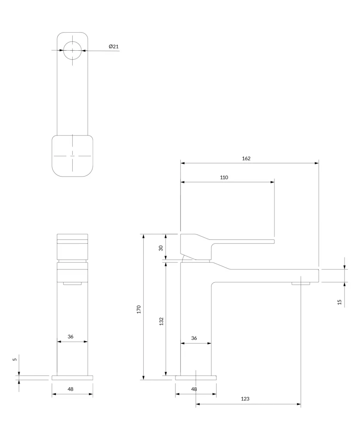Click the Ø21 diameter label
114,46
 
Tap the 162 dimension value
246,159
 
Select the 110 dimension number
224,177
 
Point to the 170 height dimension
139,309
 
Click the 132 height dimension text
161,321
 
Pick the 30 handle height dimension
161,248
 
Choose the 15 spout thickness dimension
339,302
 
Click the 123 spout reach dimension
245,399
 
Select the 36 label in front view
71,336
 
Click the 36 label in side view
194,338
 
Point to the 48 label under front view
71,389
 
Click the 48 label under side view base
194,389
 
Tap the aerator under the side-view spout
301,284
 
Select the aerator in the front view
72,284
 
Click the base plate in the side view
196,378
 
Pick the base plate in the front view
72,378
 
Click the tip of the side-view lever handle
274,241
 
